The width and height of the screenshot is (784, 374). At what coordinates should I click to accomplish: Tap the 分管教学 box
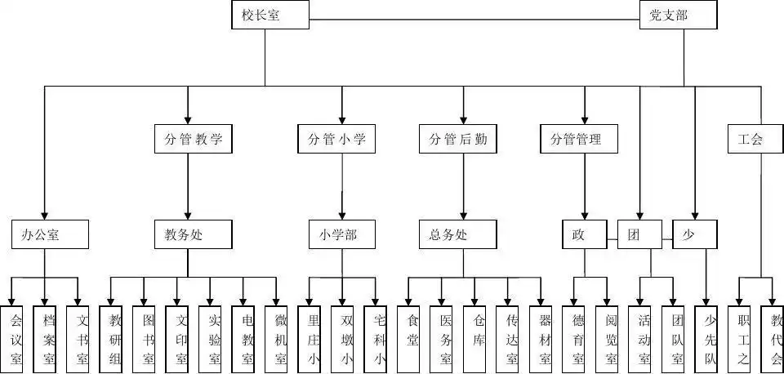188,139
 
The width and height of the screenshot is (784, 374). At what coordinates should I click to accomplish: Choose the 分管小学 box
336,139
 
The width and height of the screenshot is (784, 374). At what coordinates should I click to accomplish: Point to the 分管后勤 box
457,139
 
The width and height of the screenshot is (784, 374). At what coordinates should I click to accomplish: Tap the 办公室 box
45,235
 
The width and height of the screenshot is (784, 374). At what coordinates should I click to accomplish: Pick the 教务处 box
188,235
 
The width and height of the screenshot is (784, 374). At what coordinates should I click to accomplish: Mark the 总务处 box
457,235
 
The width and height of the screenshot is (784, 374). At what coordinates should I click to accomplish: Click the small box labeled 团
638,235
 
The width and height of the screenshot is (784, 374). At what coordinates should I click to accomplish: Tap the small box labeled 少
693,235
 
